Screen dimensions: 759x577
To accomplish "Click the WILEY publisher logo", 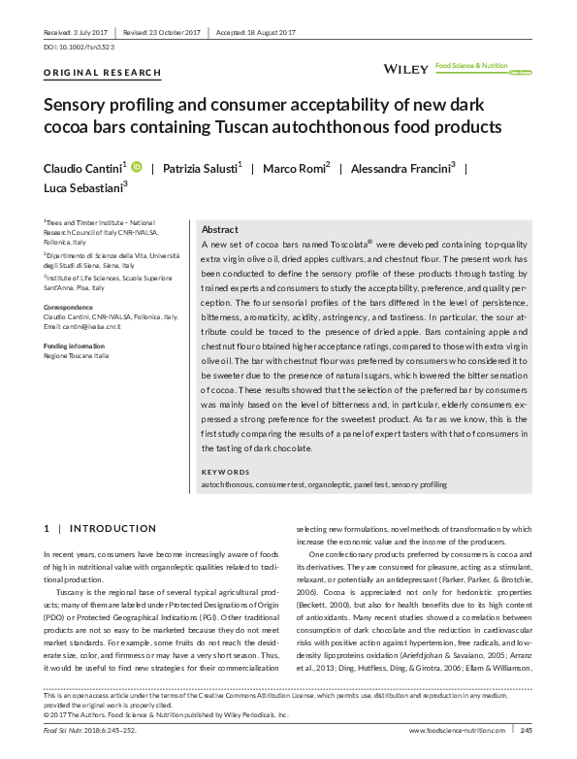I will [x=406, y=69].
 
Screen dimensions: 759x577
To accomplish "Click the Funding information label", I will [x=75, y=346].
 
